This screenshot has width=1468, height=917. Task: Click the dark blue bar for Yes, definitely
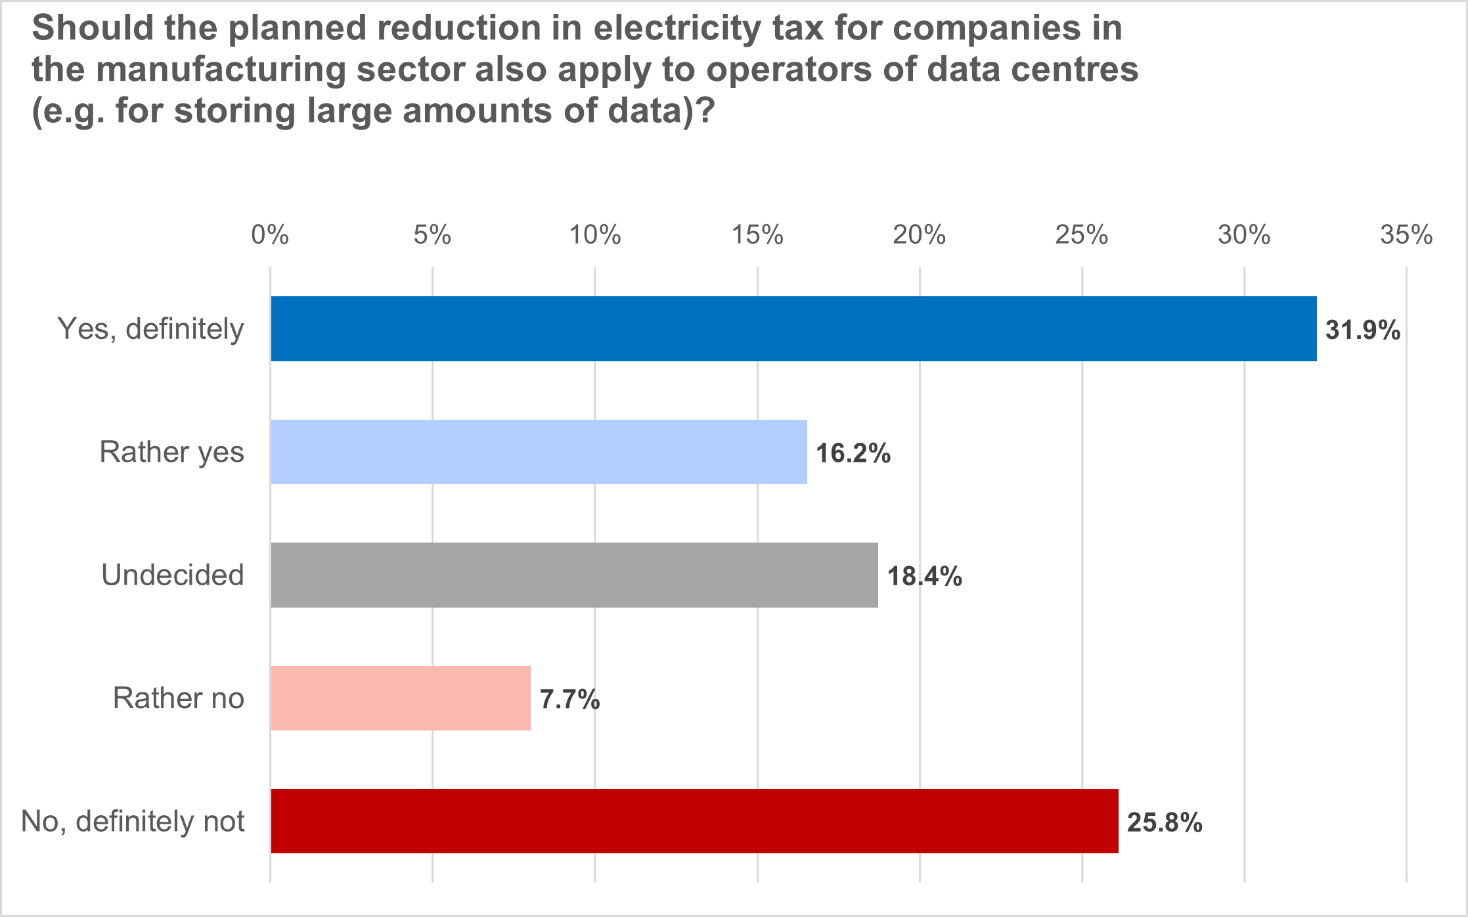tap(793, 328)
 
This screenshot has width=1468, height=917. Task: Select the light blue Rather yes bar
tap(539, 452)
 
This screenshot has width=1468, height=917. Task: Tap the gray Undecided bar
tap(574, 575)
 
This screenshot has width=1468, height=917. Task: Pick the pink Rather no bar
tap(401, 698)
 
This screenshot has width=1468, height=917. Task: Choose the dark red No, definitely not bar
tap(694, 821)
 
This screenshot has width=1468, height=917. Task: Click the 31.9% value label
tap(1363, 330)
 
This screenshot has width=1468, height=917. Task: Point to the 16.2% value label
tap(853, 453)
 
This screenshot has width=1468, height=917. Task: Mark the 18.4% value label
tap(925, 576)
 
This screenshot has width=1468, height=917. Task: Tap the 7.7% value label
tap(569, 700)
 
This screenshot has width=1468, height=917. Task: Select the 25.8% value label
tap(1165, 822)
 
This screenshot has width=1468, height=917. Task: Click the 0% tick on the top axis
tap(270, 235)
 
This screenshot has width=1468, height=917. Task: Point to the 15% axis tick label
tap(757, 235)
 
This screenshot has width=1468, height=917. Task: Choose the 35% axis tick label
tap(1406, 235)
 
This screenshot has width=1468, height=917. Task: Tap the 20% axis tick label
tap(920, 235)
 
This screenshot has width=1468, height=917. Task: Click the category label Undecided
tap(173, 575)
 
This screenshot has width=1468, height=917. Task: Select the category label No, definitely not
tap(133, 821)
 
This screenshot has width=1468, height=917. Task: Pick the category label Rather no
tap(179, 698)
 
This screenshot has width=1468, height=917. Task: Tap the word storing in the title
tap(234, 110)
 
